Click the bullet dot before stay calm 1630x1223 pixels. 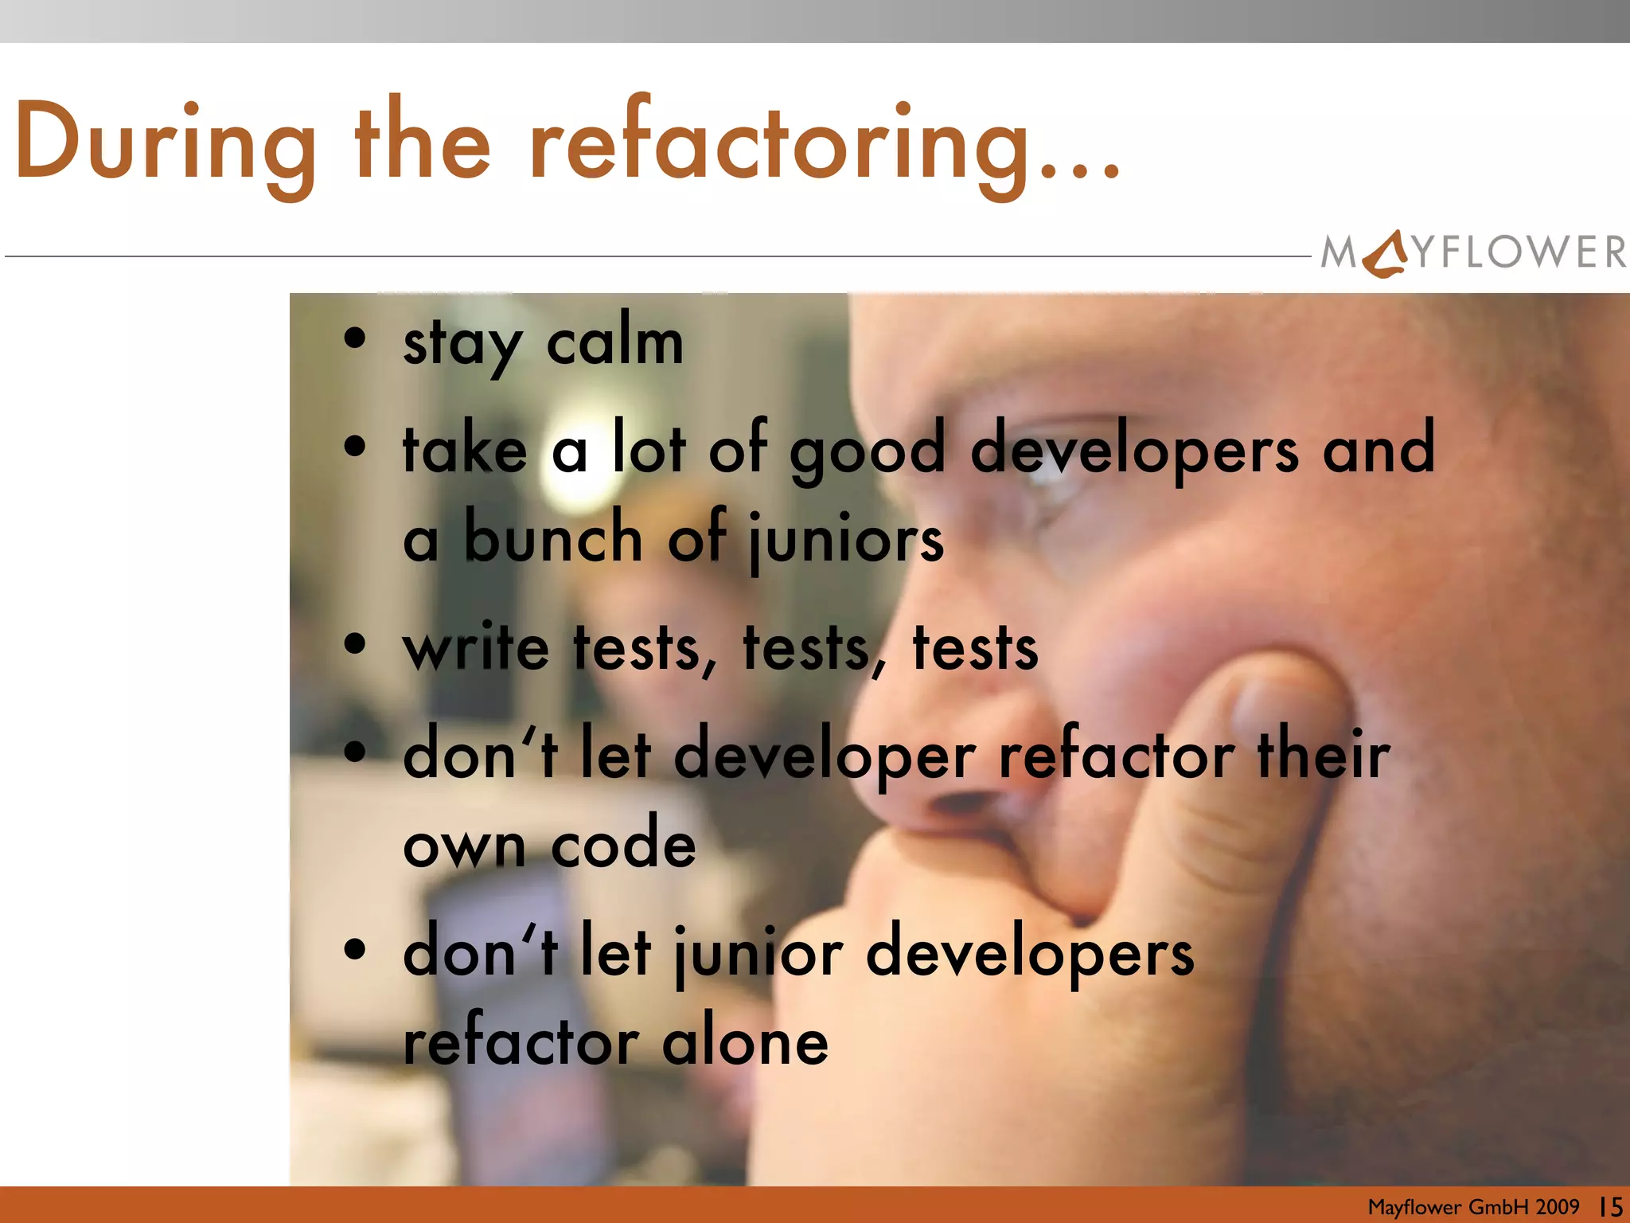(x=355, y=339)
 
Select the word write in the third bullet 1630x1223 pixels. (x=476, y=647)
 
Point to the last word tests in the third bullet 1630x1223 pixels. (x=975, y=647)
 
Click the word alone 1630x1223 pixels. (x=745, y=1042)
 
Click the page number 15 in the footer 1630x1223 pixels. (x=1611, y=1206)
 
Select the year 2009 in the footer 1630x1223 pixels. (x=1558, y=1206)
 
